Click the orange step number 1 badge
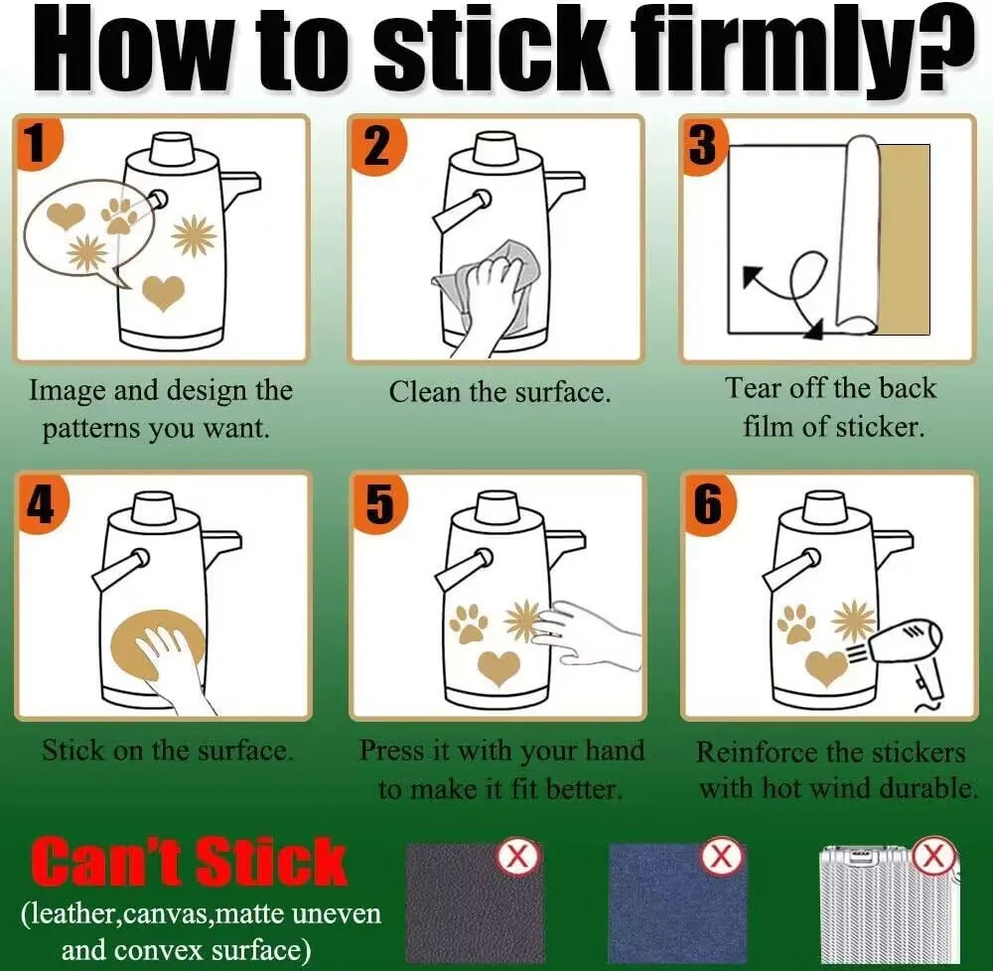(37, 142)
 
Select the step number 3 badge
(704, 144)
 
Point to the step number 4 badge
(41, 503)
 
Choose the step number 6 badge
(709, 503)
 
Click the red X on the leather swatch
(518, 857)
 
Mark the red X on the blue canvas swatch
(721, 857)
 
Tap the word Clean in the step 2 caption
(424, 392)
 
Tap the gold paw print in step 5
(470, 624)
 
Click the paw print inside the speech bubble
(118, 215)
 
